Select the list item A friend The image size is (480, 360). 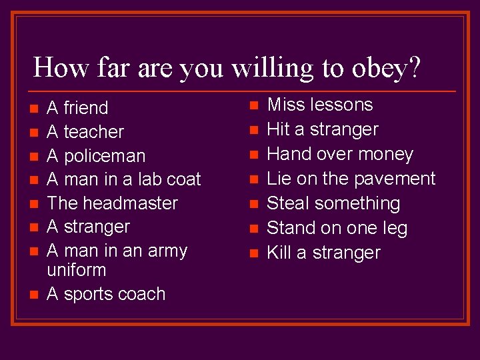(x=77, y=108)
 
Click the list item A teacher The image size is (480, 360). (x=85, y=132)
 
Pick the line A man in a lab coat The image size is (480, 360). (x=124, y=179)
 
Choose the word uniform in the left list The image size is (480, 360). (x=77, y=270)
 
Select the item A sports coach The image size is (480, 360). (x=106, y=294)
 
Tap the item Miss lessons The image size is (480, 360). (x=319, y=105)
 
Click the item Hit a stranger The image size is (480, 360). (x=322, y=129)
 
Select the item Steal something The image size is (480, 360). (x=333, y=203)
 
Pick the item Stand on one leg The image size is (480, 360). (x=337, y=228)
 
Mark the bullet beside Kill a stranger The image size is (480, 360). (x=253, y=253)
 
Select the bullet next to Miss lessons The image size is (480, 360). (x=253, y=105)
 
